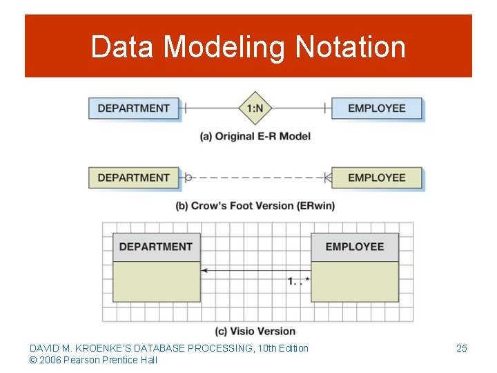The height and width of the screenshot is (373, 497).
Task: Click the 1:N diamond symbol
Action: tap(255, 108)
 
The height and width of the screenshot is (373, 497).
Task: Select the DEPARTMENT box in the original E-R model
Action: tap(133, 108)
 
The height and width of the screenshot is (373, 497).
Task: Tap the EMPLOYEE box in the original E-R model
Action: tap(376, 108)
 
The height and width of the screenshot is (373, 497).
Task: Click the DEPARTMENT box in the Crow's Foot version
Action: tap(133, 178)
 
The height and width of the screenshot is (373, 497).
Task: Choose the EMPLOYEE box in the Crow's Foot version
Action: tap(376, 178)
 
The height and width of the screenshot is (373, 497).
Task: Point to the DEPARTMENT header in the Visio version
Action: tap(156, 247)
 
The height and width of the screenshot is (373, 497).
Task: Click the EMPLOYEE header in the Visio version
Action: tap(354, 247)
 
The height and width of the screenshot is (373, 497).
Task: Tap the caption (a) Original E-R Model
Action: tap(255, 136)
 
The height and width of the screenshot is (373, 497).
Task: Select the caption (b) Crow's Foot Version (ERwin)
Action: tap(255, 206)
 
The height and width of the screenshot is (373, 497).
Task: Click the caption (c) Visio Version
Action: tap(255, 331)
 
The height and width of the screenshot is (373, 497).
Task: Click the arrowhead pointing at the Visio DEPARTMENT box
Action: tap(205, 271)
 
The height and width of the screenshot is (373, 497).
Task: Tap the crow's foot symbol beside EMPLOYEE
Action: tap(328, 178)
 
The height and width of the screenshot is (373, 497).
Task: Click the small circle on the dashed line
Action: tap(188, 178)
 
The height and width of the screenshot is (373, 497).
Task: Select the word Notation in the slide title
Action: tap(350, 47)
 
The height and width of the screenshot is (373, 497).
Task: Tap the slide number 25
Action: tap(462, 348)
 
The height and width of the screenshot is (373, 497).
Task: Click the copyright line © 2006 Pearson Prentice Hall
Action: tap(93, 360)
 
